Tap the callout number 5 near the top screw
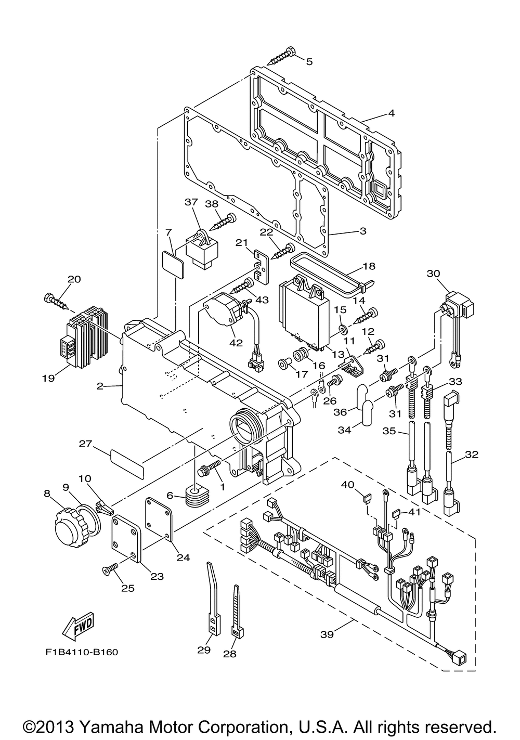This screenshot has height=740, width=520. click(x=309, y=62)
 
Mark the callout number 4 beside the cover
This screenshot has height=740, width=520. click(x=391, y=113)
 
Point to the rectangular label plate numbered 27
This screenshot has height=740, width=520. click(x=128, y=460)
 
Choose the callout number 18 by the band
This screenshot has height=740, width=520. click(x=369, y=266)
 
